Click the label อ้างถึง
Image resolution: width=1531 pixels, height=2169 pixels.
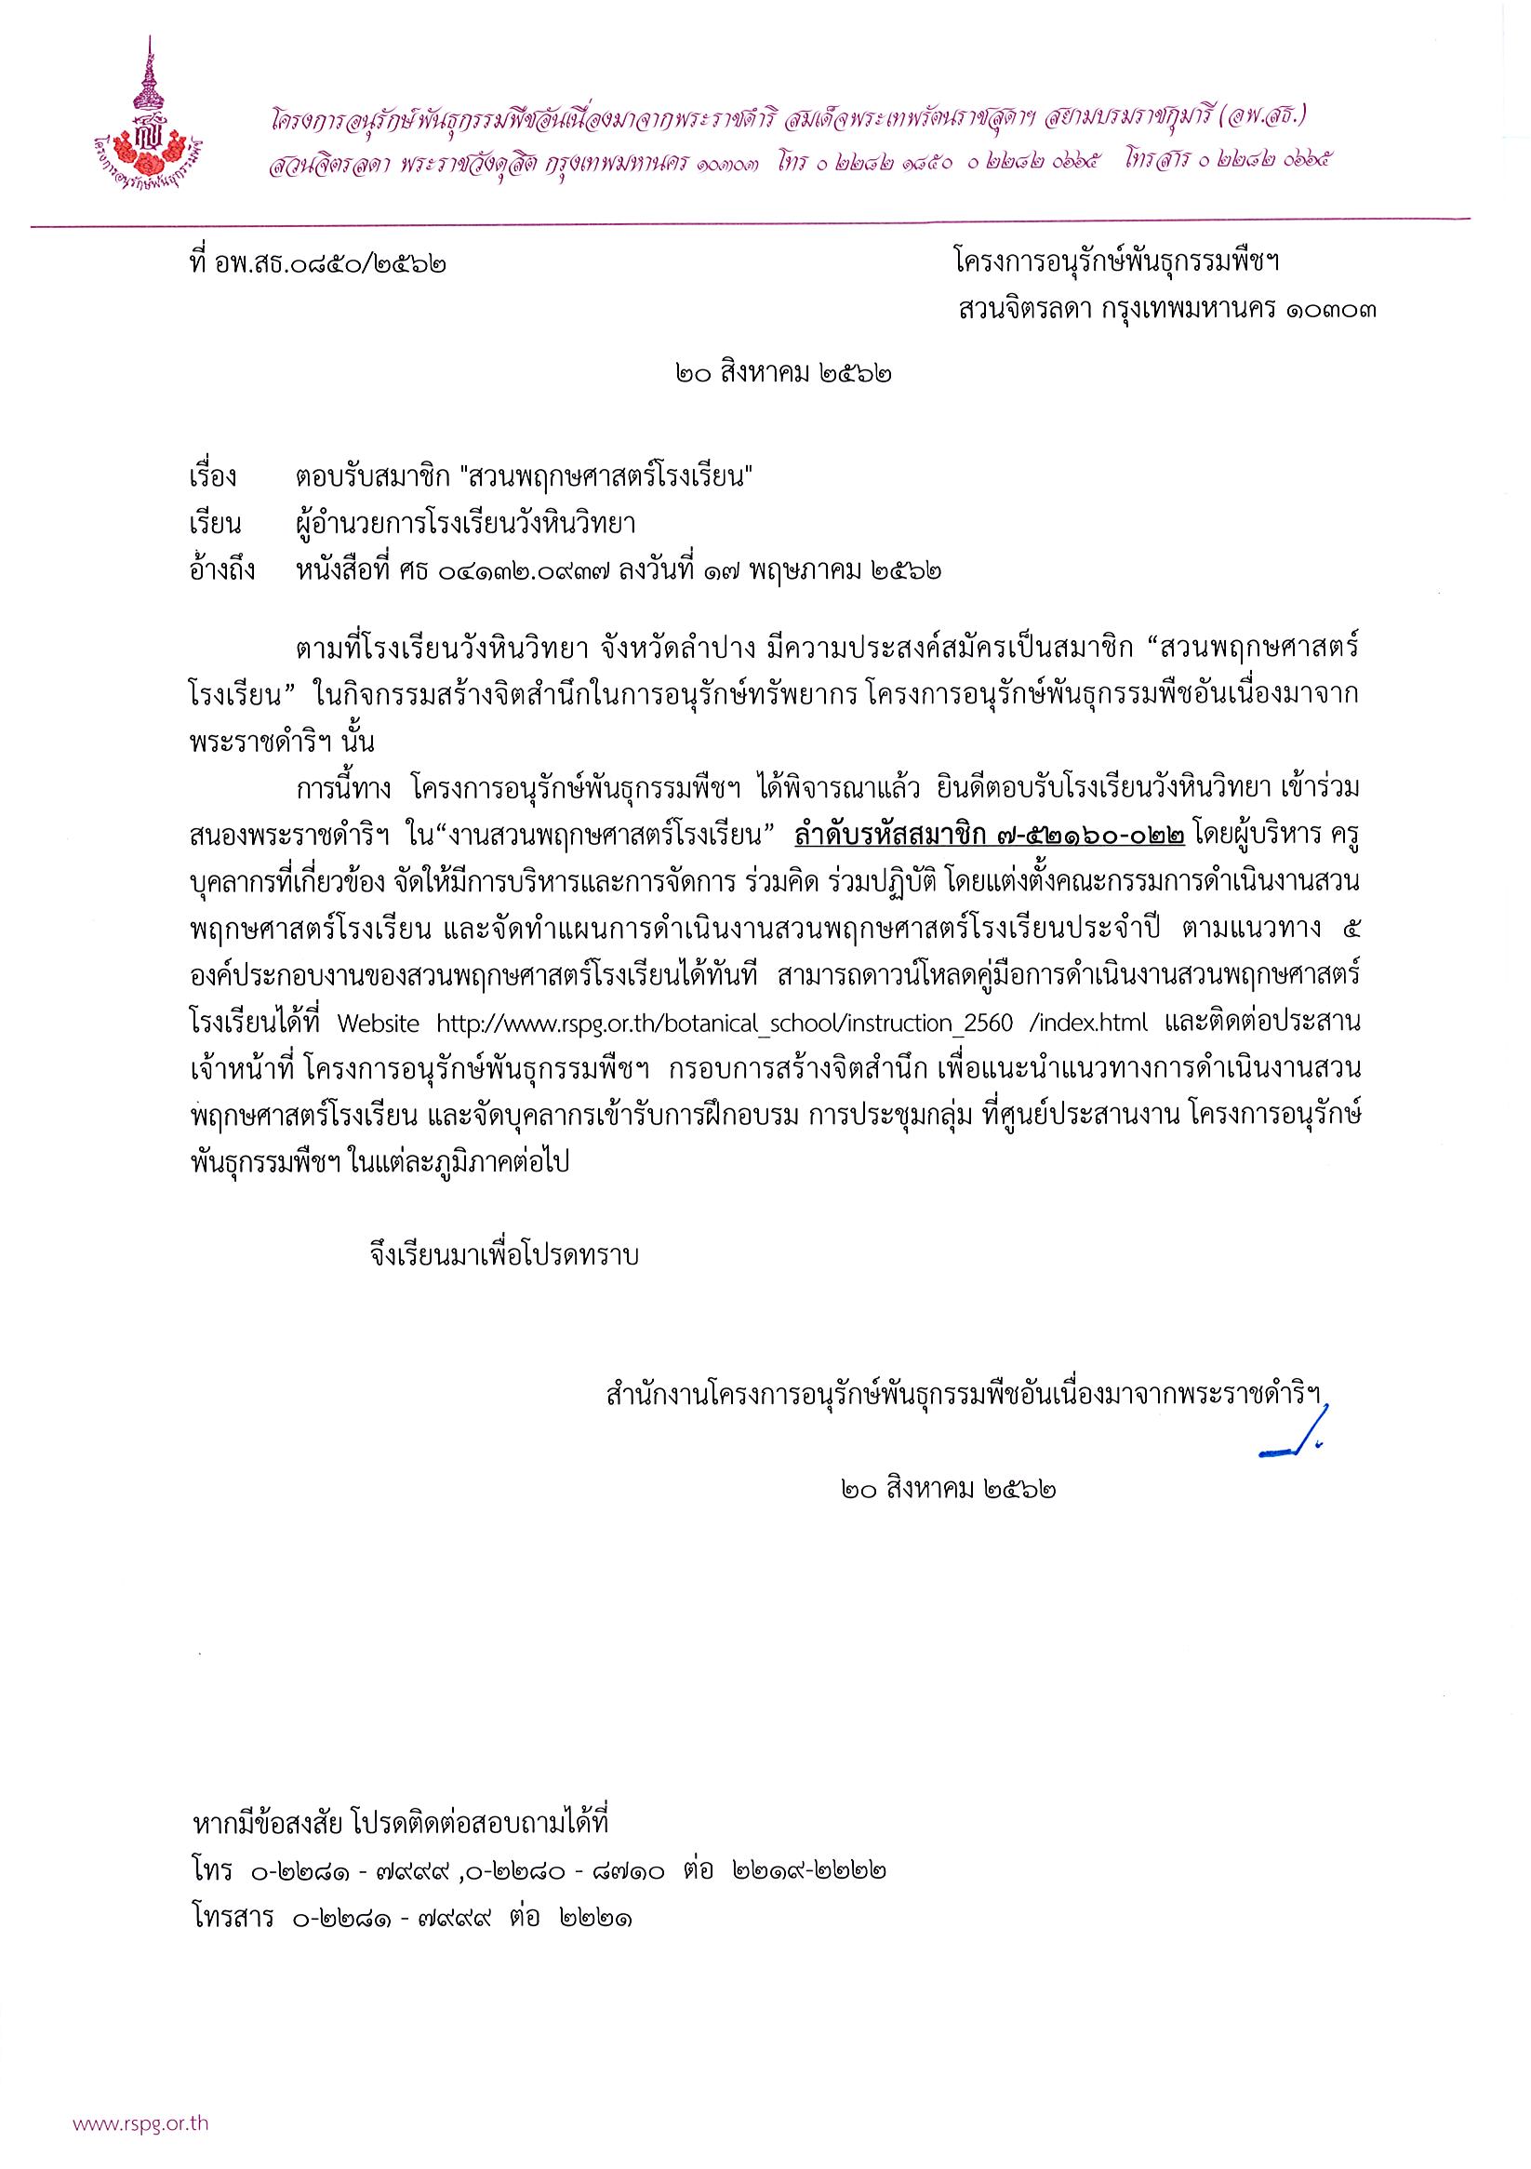coord(223,570)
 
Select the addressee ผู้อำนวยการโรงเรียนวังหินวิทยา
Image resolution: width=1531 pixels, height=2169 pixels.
coord(463,523)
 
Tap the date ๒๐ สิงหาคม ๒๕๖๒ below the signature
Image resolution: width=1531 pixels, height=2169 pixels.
coord(945,1490)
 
